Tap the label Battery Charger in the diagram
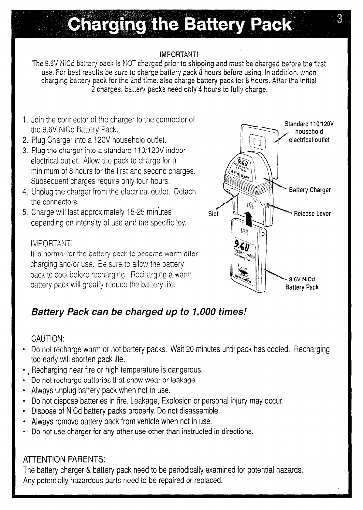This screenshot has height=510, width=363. coord(310,190)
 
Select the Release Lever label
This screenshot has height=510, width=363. coord(312,214)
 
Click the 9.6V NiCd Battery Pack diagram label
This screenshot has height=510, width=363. coord(302,283)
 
